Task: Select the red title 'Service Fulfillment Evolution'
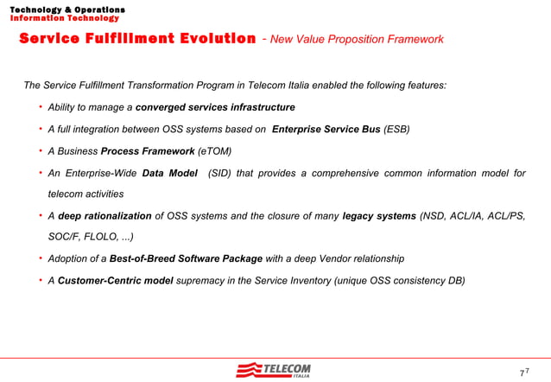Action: (137, 39)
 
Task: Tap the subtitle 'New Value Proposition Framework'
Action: (357, 40)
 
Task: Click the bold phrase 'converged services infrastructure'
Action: (215, 107)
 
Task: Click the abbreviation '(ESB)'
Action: (397, 130)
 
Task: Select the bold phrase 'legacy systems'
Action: (379, 215)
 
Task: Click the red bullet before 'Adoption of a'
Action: (40, 258)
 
